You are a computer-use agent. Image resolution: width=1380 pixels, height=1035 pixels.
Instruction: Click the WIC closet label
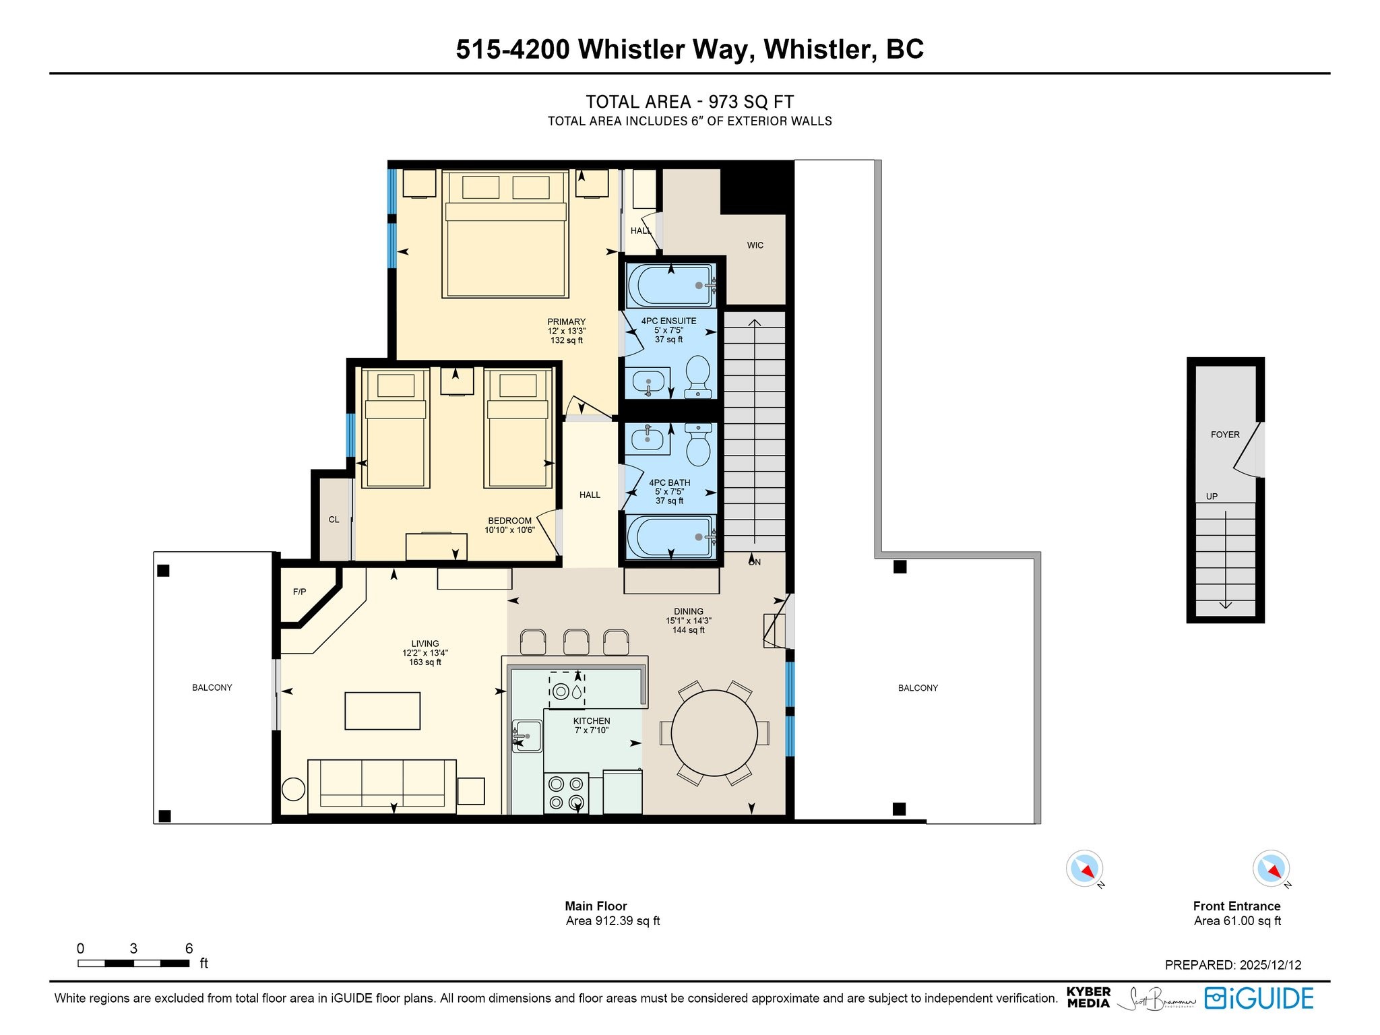click(755, 245)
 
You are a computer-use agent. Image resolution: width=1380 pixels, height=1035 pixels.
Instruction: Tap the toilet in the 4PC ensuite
click(698, 376)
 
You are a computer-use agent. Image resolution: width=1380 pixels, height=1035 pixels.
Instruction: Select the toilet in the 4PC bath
click(698, 445)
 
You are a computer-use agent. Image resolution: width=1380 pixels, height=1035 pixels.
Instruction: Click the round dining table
click(714, 732)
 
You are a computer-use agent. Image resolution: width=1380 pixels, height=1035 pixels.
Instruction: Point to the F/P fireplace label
click(299, 592)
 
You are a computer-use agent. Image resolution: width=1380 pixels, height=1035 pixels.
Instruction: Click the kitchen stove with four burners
click(566, 793)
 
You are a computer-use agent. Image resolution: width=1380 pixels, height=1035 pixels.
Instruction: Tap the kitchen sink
click(527, 736)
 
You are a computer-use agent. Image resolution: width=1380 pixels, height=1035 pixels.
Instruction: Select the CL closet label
click(334, 520)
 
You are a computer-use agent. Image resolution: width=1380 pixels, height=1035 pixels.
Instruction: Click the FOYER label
click(1225, 435)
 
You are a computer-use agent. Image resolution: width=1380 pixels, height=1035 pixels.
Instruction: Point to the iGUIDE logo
click(1259, 998)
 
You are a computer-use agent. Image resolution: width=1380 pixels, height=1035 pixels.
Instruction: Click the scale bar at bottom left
click(133, 963)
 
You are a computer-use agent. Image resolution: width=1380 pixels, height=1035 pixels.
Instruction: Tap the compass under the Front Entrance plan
click(1272, 869)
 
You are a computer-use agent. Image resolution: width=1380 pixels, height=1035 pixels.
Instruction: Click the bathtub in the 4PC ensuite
click(671, 285)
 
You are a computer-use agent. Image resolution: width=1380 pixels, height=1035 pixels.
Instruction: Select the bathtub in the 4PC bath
click(671, 537)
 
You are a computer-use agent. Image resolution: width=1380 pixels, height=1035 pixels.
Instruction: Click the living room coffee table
click(383, 711)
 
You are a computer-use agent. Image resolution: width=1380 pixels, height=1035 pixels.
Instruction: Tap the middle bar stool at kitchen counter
click(576, 641)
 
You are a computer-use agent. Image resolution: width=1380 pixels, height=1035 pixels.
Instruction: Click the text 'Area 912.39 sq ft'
click(613, 921)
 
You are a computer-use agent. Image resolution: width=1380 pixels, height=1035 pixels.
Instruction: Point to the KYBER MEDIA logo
click(1088, 997)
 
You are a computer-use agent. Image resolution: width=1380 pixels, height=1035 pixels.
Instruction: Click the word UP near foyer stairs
click(1212, 497)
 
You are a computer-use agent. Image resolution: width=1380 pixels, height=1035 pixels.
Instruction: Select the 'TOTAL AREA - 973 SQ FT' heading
click(690, 102)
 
